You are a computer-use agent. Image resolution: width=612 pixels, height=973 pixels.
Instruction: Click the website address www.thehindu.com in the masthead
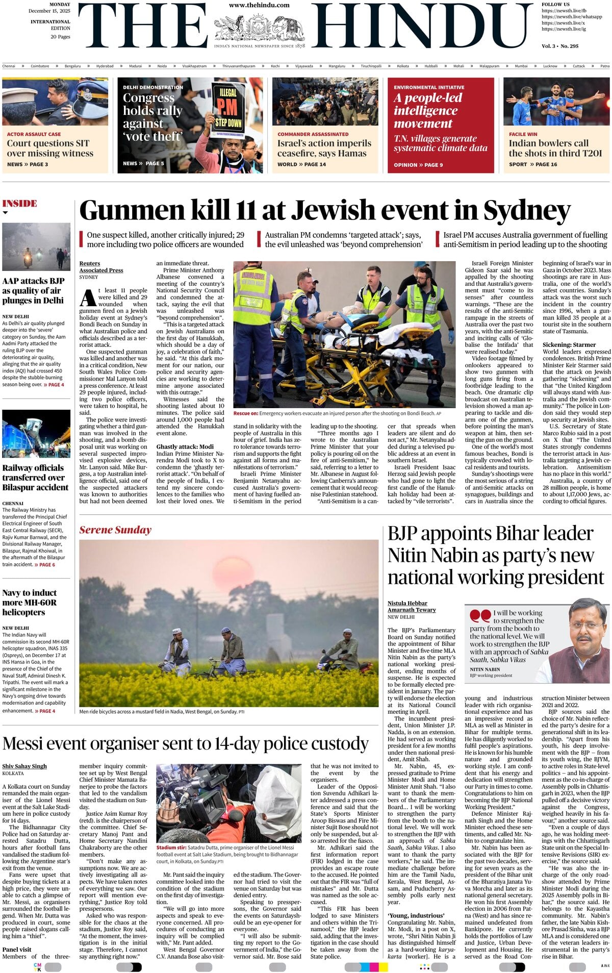259,5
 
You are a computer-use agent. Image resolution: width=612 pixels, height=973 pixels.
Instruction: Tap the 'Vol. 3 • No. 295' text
560,46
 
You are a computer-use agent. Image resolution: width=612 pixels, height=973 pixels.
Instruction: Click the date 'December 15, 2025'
49,11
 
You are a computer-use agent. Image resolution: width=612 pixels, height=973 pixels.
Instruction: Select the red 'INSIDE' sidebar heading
19,204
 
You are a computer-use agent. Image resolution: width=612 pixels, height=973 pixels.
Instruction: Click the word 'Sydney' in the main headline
526,211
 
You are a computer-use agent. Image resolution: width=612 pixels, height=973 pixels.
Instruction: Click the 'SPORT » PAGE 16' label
532,164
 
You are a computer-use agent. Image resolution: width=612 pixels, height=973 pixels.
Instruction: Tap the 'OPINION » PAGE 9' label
418,165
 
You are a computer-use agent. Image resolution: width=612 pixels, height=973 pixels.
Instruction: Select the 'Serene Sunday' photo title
115,530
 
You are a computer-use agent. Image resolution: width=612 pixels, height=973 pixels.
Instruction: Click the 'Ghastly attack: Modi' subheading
185,446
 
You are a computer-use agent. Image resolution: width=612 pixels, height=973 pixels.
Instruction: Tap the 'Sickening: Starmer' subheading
569,345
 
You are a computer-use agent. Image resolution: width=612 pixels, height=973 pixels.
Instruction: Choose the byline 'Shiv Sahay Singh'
24,766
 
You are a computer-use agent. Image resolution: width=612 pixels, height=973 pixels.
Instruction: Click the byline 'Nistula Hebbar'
407,603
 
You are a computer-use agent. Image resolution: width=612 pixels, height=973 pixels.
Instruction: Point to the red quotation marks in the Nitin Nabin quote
480,616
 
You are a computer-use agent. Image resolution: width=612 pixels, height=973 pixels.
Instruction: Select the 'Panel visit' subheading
17,950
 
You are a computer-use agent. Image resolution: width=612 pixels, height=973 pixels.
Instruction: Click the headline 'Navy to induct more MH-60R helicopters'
30,603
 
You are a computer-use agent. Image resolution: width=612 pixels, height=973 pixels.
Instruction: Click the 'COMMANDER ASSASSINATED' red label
313,134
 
